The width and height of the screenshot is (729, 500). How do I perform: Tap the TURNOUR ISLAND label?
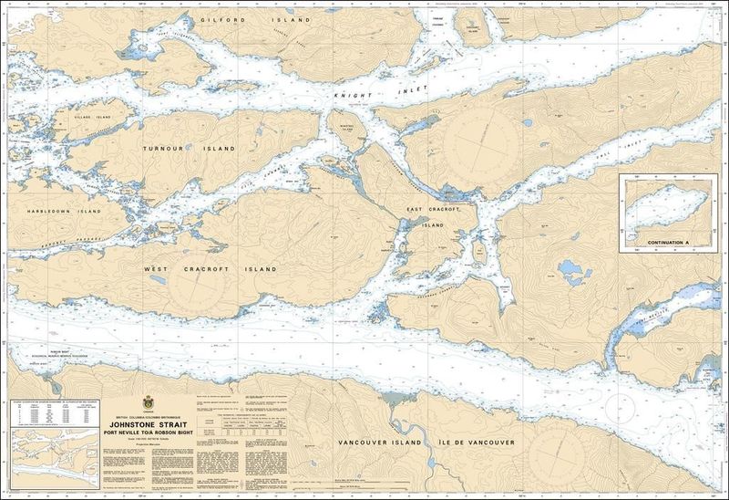pos(189,148)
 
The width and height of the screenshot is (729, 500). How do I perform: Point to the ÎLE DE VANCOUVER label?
pos(477,443)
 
